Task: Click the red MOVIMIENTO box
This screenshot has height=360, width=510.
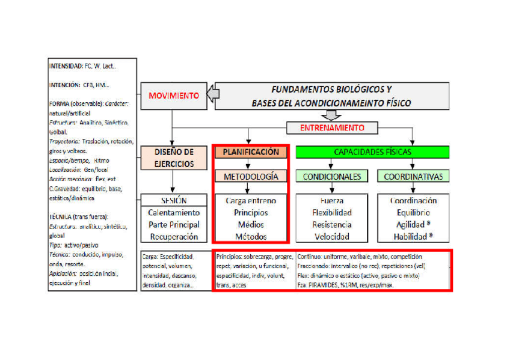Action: click(173, 96)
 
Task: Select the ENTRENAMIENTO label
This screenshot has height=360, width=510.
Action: click(333, 128)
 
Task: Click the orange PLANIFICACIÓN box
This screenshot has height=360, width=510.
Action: click(251, 152)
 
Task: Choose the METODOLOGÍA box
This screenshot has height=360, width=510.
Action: click(251, 177)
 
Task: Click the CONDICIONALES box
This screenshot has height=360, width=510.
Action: click(332, 177)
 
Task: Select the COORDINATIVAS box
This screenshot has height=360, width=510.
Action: click(413, 177)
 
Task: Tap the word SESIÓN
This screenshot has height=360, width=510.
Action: click(173, 201)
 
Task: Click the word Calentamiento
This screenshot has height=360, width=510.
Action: click(173, 213)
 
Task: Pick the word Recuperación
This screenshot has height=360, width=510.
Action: click(173, 237)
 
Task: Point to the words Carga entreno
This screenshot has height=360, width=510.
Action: click(251, 201)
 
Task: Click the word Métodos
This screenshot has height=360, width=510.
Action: click(251, 237)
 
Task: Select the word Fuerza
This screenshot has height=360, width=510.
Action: click(332, 201)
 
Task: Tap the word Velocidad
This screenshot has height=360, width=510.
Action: click(332, 237)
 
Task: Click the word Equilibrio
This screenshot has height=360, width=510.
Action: click(413, 213)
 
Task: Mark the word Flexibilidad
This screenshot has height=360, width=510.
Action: click(332, 213)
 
